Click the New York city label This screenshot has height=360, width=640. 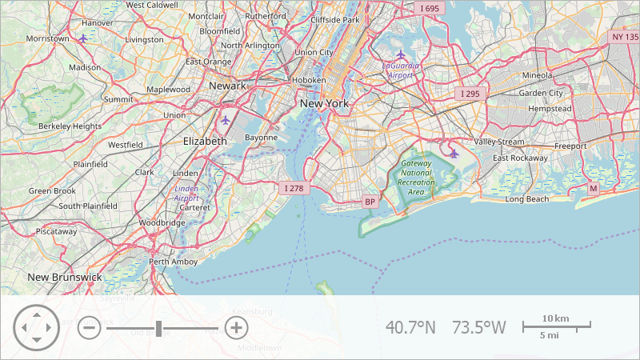click(324, 103)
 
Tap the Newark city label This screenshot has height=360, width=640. click(226, 86)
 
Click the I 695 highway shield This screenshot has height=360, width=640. click(430, 9)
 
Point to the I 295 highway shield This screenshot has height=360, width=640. click(470, 94)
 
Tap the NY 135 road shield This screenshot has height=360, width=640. click(625, 37)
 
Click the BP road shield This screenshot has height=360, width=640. click(370, 202)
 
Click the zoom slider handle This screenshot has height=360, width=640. click(159, 328)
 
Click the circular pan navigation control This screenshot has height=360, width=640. click(36, 328)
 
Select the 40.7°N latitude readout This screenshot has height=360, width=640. click(411, 327)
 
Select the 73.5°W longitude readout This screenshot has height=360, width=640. click(479, 327)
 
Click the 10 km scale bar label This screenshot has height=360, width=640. click(555, 318)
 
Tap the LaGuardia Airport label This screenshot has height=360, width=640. click(400, 70)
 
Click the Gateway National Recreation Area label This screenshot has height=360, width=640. click(416, 178)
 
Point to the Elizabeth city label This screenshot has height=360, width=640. click(205, 140)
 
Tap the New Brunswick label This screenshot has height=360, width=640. click(65, 277)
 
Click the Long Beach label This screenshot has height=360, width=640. click(527, 198)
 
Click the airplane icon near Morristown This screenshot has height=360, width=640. click(84, 38)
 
